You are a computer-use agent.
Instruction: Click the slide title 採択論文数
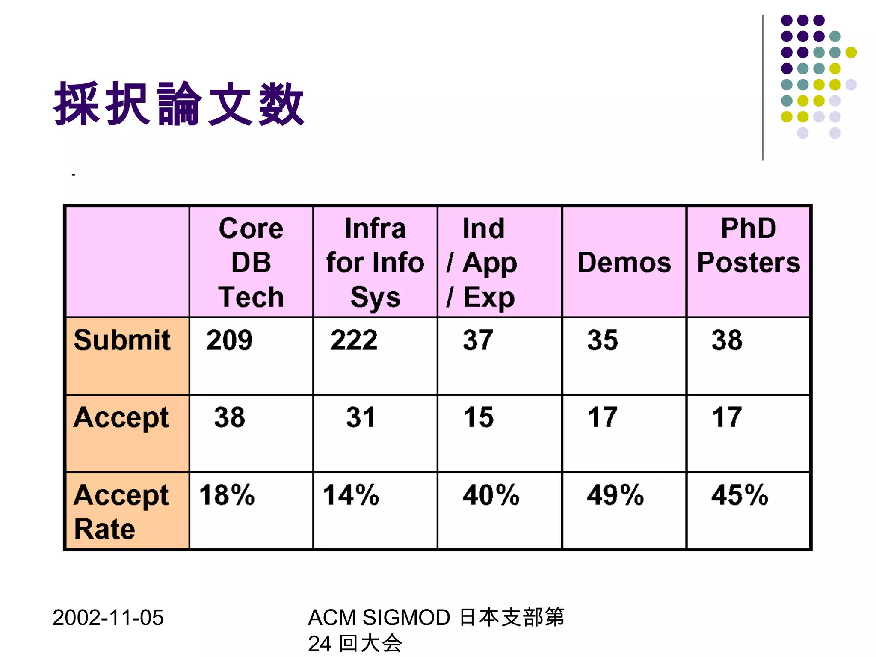click(x=179, y=104)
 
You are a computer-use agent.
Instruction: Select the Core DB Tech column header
click(x=251, y=262)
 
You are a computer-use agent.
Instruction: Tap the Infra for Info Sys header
click(x=375, y=262)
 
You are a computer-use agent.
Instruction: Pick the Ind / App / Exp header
click(x=482, y=262)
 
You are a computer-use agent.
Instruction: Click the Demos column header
click(x=624, y=262)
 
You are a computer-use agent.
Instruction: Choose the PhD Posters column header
click(x=749, y=245)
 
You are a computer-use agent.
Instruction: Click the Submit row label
click(x=122, y=340)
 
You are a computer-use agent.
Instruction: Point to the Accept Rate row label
click(x=121, y=512)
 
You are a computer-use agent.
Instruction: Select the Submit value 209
click(x=229, y=340)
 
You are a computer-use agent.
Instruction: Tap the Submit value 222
click(x=354, y=340)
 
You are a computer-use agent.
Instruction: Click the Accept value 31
click(x=361, y=417)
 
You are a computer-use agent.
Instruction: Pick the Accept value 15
click(x=478, y=417)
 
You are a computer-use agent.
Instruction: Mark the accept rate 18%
click(x=227, y=495)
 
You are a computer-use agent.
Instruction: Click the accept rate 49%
click(x=615, y=495)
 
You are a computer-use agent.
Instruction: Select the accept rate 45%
click(x=740, y=495)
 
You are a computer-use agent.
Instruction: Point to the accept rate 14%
click(x=351, y=495)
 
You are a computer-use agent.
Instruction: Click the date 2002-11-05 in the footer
click(x=108, y=618)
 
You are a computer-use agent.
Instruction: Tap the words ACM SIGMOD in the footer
click(x=379, y=618)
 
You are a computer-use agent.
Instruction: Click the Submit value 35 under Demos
click(x=602, y=340)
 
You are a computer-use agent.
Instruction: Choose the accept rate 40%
click(x=491, y=495)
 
